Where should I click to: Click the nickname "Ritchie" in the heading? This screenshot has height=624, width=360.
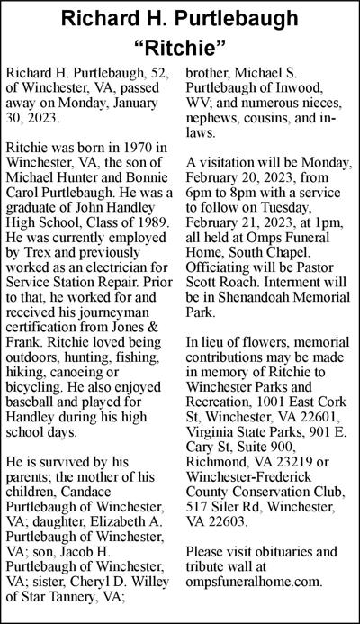(x=180, y=45)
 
